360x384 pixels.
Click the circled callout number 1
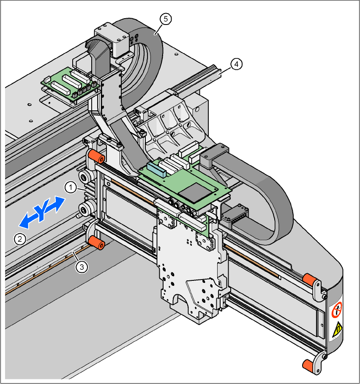[71, 187]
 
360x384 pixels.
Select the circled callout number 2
[20, 239]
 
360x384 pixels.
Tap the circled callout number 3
[82, 267]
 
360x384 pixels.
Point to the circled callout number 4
[236, 64]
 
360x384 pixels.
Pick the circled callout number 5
[166, 19]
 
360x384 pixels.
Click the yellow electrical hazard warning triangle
[338, 329]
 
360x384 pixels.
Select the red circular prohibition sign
[337, 310]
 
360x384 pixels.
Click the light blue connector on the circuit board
[156, 170]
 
